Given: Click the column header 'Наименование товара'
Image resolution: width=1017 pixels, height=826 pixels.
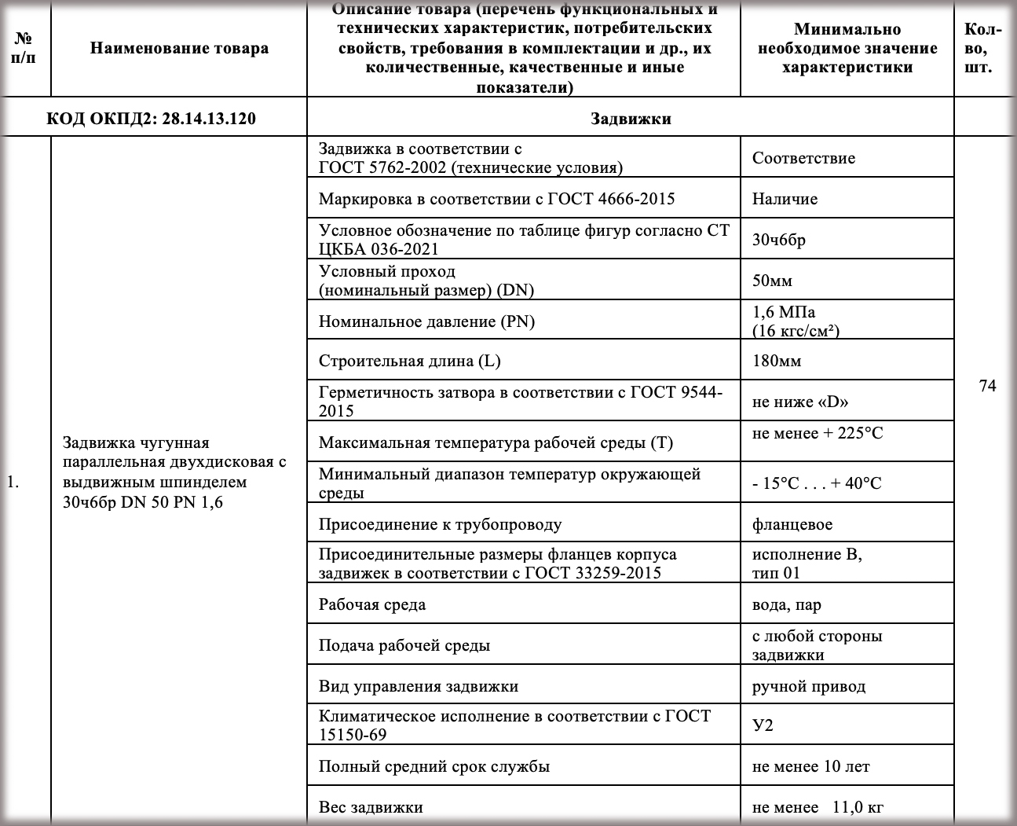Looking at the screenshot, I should click(179, 48).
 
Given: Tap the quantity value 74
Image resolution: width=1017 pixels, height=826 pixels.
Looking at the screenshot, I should click(987, 386).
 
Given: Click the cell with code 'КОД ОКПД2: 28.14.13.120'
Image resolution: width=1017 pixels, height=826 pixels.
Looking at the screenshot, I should click(151, 119).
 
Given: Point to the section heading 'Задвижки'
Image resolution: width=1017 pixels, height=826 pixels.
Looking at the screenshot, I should click(630, 119).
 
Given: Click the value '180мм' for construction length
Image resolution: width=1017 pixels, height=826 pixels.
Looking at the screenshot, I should click(777, 361).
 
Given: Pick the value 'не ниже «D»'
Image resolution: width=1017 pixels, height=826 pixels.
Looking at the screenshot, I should click(800, 402).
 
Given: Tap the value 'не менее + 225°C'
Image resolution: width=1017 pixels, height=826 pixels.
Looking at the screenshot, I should click(817, 433).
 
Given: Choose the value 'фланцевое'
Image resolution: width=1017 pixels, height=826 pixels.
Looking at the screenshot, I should click(792, 524).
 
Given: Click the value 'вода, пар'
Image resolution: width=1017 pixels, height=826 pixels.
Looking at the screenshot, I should click(786, 604).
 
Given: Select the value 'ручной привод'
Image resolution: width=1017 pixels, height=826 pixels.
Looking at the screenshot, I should click(808, 686).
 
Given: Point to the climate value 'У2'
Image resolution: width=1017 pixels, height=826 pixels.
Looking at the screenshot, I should click(763, 725).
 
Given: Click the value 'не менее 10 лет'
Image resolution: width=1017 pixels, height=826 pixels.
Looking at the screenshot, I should click(810, 766).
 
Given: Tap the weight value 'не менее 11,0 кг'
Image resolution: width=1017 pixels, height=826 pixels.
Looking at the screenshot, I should click(819, 807).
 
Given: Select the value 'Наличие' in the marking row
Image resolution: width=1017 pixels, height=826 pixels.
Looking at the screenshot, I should click(785, 199).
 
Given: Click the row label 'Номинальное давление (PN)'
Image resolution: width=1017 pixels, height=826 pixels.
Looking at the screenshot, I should click(426, 321).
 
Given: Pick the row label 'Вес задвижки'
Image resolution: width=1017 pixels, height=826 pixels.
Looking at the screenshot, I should click(371, 807).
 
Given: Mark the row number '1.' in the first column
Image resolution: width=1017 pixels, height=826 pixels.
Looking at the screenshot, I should click(13, 482).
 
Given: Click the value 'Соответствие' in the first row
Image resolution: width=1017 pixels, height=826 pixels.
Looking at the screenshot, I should click(803, 158).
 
